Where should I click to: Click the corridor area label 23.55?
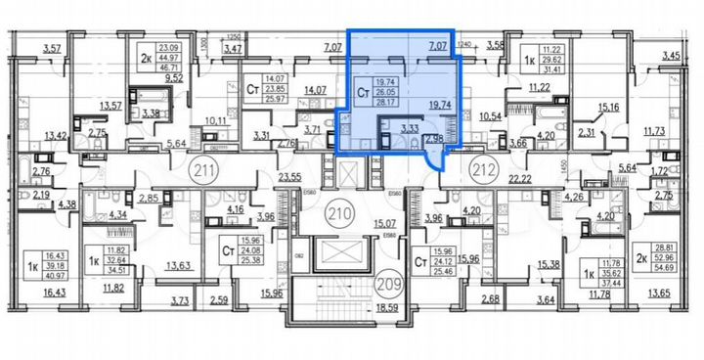coord(288,178)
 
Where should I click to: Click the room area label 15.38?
coord(547,265)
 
